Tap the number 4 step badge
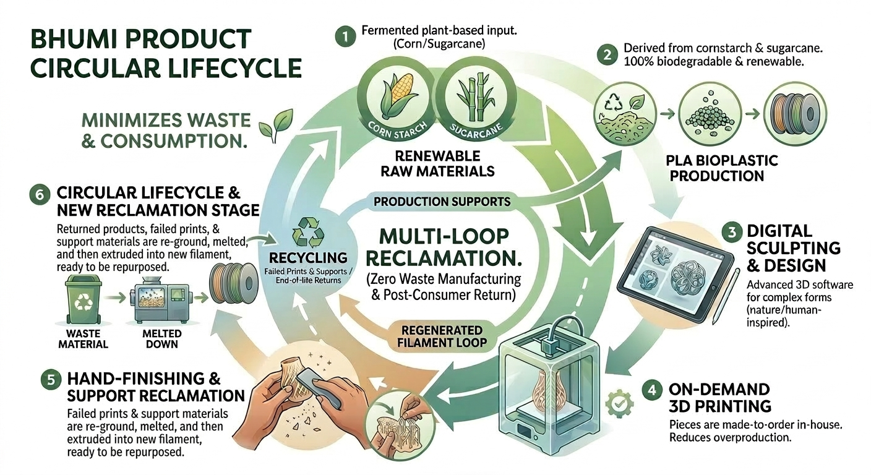[653, 391]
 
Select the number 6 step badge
[38, 194]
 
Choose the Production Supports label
[442, 202]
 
